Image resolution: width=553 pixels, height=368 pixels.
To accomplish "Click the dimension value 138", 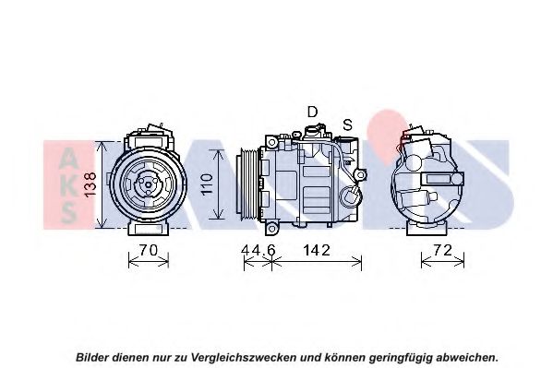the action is tap(90, 184).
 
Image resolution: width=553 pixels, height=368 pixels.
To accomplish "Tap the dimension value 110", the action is tap(207, 184).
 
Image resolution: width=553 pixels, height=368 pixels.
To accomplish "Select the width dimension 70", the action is tap(148, 250).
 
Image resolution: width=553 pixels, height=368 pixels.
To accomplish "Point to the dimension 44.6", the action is tap(258, 250).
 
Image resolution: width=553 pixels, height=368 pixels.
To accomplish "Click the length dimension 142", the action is tap(317, 250).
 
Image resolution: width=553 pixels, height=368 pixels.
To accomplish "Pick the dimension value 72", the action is tap(442, 250).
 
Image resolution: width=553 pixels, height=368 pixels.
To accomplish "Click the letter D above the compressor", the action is tap(312, 113).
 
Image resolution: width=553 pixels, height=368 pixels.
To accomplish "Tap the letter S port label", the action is tap(348, 125).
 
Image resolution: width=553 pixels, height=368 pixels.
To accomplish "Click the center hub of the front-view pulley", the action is tap(148, 184).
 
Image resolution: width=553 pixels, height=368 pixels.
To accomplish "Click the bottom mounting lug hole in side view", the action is tap(271, 229).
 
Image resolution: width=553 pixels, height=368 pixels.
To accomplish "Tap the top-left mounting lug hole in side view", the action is tap(272, 143).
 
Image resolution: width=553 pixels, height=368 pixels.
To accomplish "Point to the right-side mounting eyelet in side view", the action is tap(360, 175).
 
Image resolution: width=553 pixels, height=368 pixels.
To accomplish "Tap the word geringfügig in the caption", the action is tap(401, 358).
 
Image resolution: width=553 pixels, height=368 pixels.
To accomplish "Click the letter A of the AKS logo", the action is tap(68, 158).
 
